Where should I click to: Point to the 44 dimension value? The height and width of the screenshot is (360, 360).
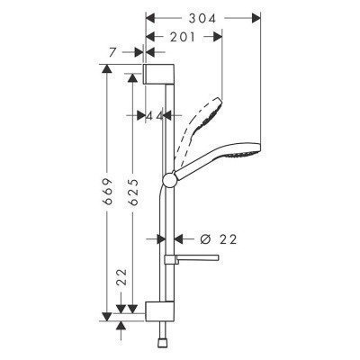pyautogui.click(x=155, y=116)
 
